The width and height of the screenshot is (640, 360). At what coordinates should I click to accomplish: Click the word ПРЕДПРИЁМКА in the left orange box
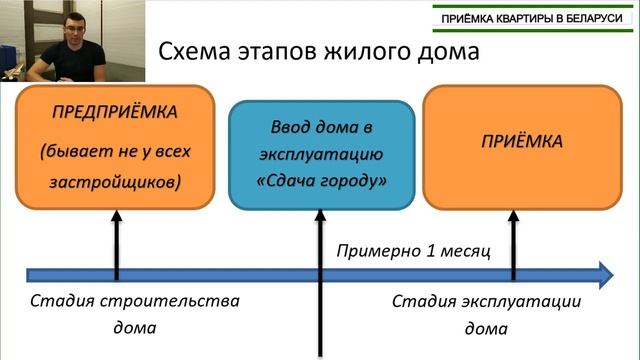coord(115,110)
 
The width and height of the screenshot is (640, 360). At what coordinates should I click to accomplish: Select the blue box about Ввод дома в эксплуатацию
coord(320,154)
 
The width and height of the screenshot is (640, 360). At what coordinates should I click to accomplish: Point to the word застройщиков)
coord(115,183)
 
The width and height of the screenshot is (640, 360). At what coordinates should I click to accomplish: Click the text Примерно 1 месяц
coord(413,250)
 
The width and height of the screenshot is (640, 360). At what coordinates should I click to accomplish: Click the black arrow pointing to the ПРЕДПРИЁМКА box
coord(115,240)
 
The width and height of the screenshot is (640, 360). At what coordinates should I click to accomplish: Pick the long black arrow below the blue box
coord(319,290)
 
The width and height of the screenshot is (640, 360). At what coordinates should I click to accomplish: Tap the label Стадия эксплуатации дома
coord(486,313)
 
